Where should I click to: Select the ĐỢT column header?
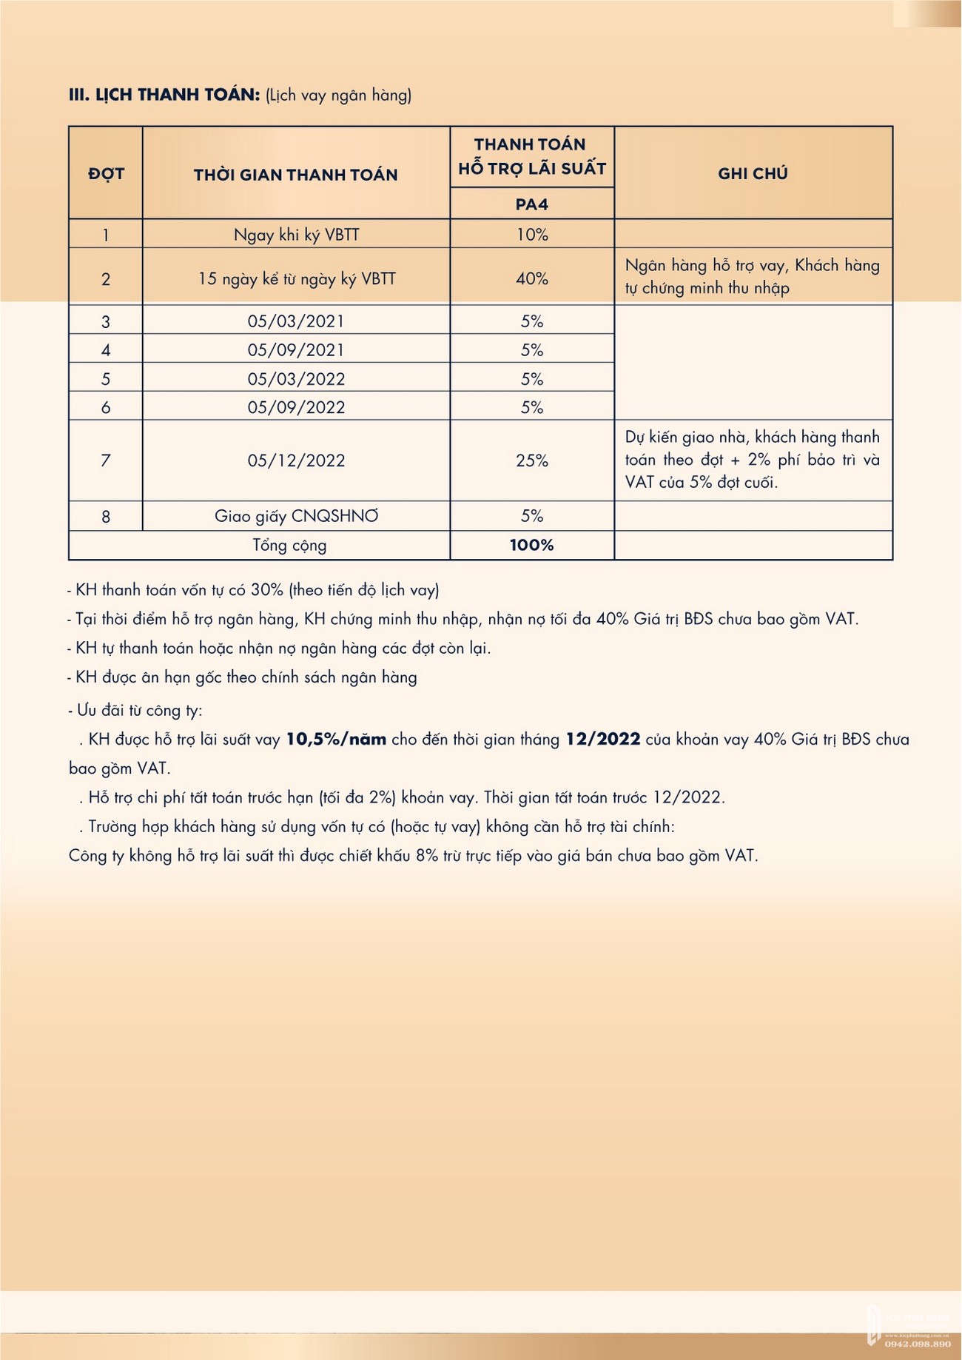pyautogui.click(x=106, y=174)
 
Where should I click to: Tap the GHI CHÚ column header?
pyautogui.click(x=753, y=173)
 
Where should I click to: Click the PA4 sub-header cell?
pyautogui.click(x=531, y=204)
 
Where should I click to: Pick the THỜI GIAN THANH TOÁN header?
pyautogui.click(x=295, y=175)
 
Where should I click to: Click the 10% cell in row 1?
pyautogui.click(x=531, y=235)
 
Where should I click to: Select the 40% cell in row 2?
pyautogui.click(x=531, y=279)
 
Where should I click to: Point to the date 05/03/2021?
pyautogui.click(x=296, y=321)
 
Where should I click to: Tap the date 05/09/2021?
pyautogui.click(x=296, y=349)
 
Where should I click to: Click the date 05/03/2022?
pyautogui.click(x=296, y=379)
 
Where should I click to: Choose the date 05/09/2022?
pyautogui.click(x=296, y=407)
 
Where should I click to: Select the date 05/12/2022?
pyautogui.click(x=296, y=460)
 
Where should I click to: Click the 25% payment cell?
pyautogui.click(x=531, y=460)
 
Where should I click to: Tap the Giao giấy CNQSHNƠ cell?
pyautogui.click(x=296, y=516)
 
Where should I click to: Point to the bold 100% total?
pyautogui.click(x=531, y=546)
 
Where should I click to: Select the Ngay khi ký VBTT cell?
pyautogui.click(x=296, y=235)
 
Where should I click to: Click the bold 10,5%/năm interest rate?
pyautogui.click(x=336, y=740)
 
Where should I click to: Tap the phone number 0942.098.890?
pyautogui.click(x=917, y=1344)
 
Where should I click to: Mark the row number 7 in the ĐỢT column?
pyautogui.click(x=106, y=460)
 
